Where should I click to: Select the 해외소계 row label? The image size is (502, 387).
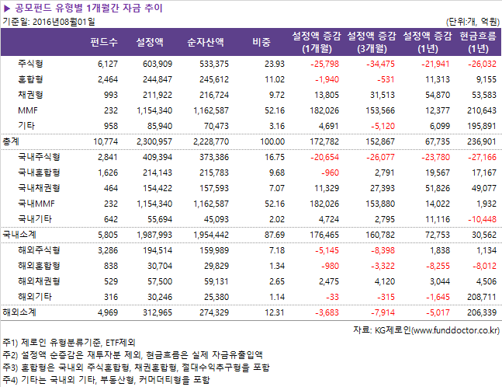[x=20, y=312]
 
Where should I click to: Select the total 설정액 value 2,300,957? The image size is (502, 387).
[x=152, y=141]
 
